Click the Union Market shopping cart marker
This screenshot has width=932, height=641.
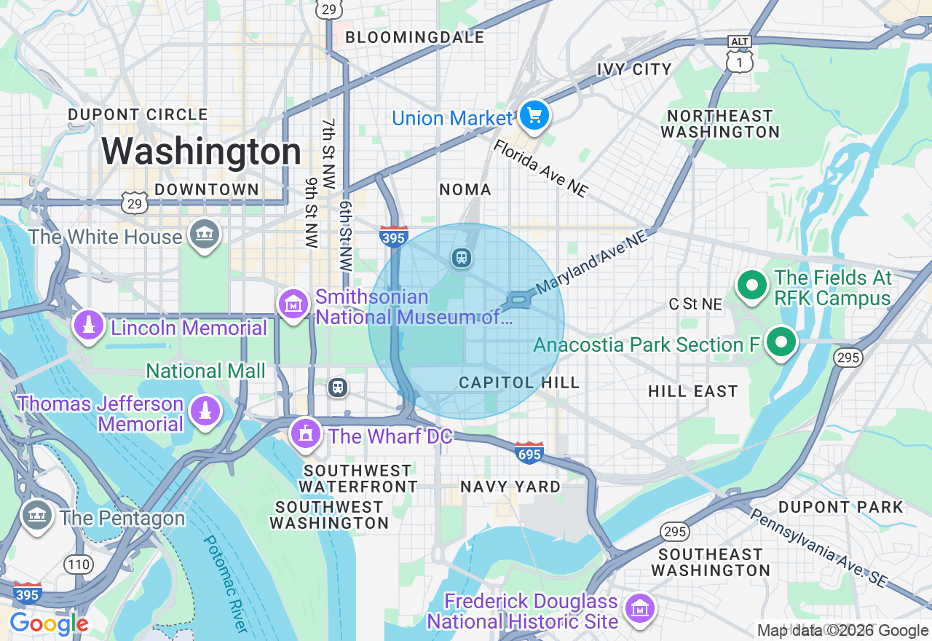tap(534, 115)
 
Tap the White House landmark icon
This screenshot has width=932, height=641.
tap(205, 235)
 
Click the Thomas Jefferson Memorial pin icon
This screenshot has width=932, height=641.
tap(205, 411)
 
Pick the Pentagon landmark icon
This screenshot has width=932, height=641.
tap(35, 515)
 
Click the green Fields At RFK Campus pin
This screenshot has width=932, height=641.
tap(752, 285)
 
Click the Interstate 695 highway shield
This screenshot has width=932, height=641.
tap(529, 452)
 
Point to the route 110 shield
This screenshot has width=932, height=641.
tap(78, 564)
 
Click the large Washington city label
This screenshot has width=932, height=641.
tap(201, 152)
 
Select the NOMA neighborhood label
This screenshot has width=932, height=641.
tap(465, 189)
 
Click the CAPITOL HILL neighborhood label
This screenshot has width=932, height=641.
tap(519, 383)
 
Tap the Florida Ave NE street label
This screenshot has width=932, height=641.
tap(540, 168)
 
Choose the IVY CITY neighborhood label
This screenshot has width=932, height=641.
tap(634, 70)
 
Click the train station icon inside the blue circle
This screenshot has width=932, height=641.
tap(461, 257)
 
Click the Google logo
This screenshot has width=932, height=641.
tap(49, 624)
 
